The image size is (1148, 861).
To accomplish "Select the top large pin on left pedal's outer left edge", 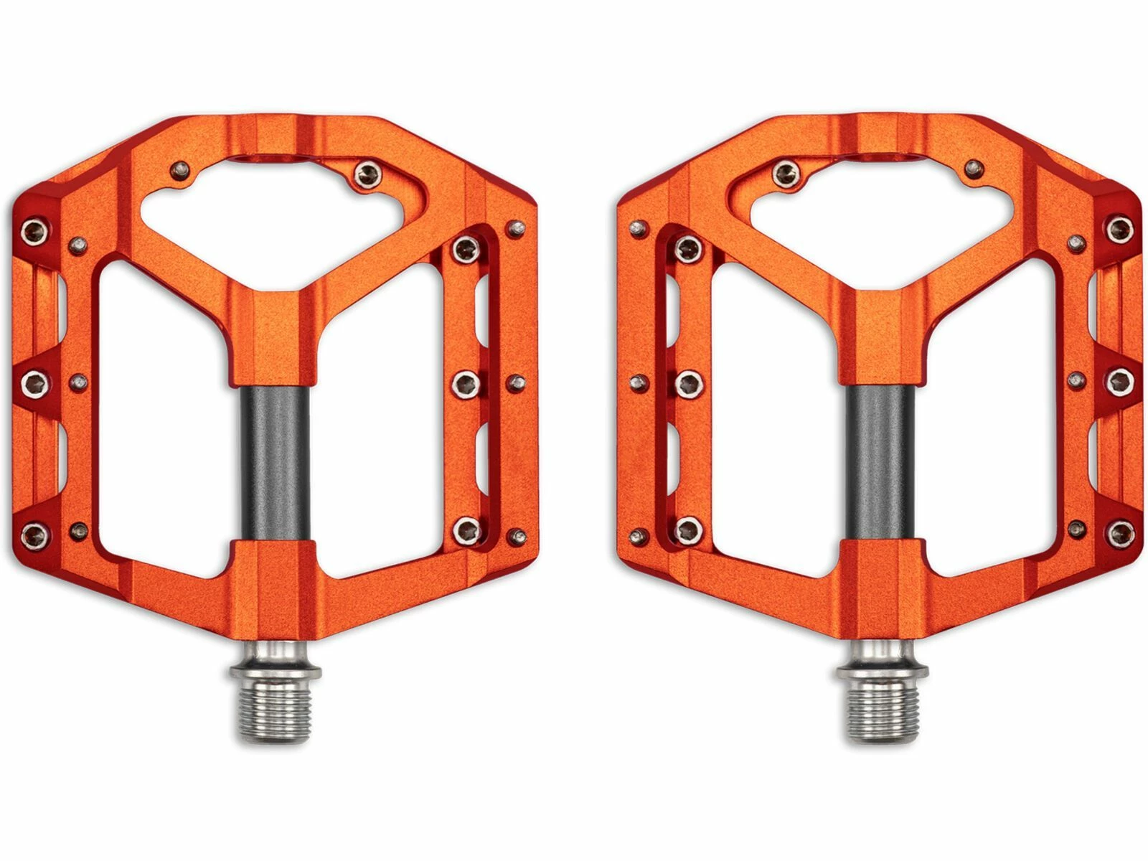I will coord(33,230).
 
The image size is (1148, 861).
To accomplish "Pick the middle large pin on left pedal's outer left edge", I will coord(33,383).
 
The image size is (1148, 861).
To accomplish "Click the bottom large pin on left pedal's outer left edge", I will coord(33,533).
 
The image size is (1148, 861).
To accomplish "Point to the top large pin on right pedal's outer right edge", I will coord(1119,230).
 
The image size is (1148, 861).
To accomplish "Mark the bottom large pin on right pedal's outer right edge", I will coord(1119,533).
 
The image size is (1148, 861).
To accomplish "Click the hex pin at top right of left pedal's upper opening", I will coord(368,172).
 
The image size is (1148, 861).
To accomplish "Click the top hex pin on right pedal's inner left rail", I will coord(688,249).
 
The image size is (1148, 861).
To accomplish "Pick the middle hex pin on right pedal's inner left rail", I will coord(688,383).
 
